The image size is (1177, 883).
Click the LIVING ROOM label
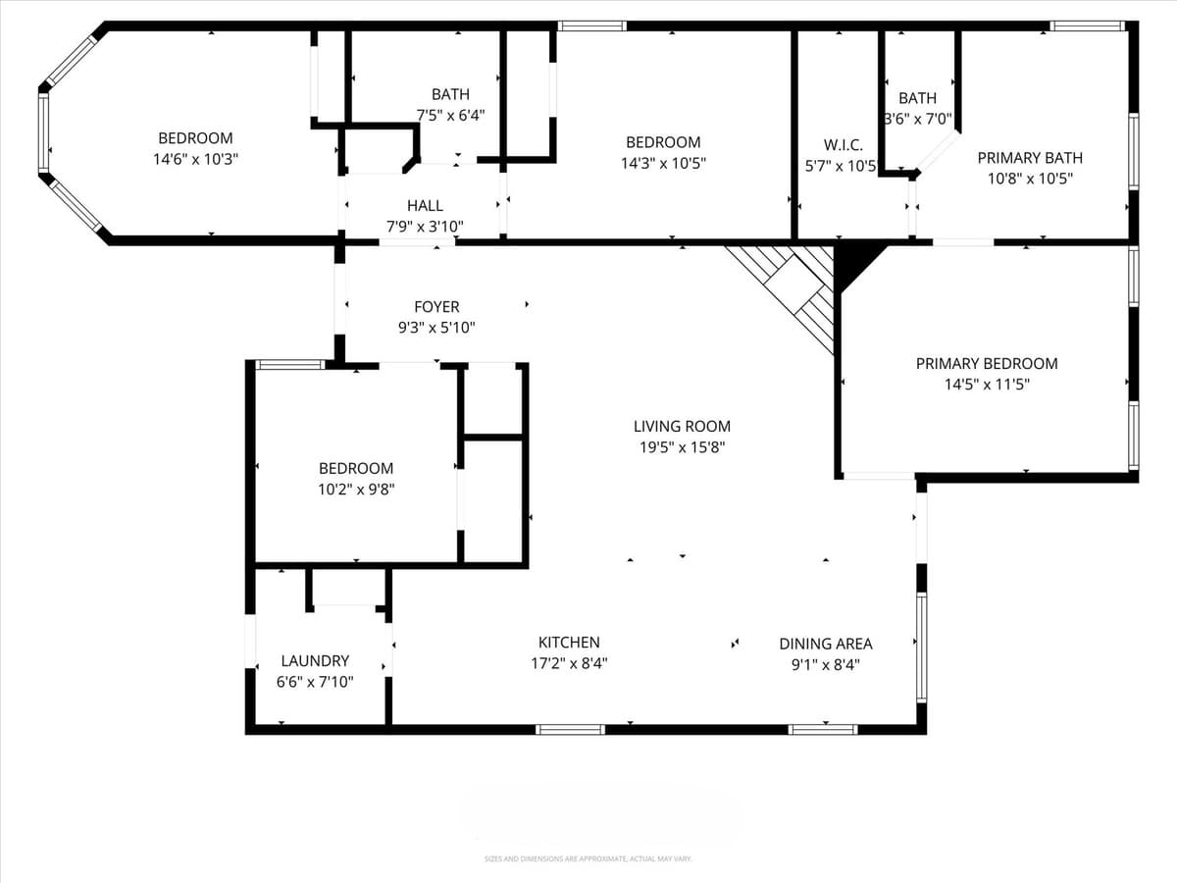click(x=682, y=426)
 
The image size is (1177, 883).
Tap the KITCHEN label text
click(x=569, y=643)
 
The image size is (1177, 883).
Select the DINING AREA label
click(x=825, y=644)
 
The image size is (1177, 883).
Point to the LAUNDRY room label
click(x=315, y=661)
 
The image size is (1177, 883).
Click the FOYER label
click(x=436, y=307)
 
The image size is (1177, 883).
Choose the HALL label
click(x=425, y=205)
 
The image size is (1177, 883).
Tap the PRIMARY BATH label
click(x=1030, y=158)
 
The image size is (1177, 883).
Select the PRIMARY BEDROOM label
click(x=987, y=363)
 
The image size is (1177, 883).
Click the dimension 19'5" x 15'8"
click(x=682, y=447)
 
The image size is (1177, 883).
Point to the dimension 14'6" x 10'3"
click(x=196, y=159)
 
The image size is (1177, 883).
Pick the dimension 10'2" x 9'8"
click(x=356, y=489)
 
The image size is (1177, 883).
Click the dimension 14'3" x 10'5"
click(x=663, y=163)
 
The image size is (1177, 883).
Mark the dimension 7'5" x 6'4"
click(x=450, y=115)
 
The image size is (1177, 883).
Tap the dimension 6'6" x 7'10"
click(x=315, y=682)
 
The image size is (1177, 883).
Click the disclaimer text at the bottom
click(x=588, y=858)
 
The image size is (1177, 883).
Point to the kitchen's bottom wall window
click(x=570, y=729)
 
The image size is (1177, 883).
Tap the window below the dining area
click(x=823, y=729)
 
